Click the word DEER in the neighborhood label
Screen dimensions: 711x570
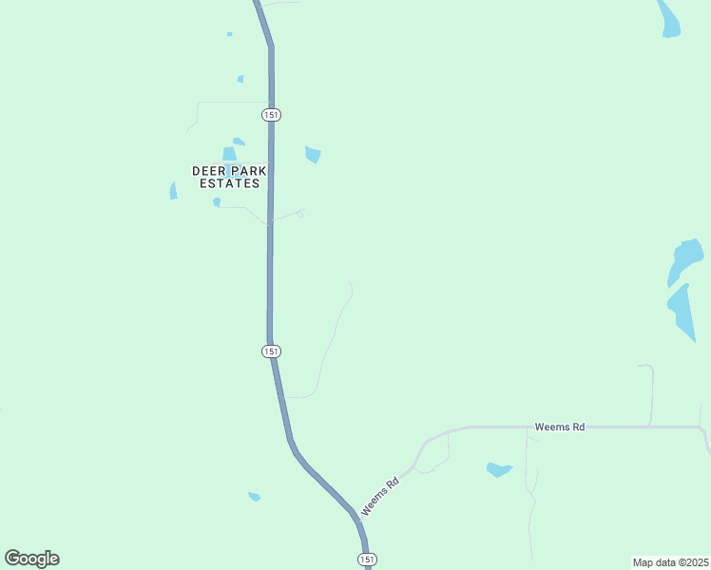point(208,171)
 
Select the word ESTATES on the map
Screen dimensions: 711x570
point(229,183)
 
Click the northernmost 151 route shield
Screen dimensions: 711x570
point(271,114)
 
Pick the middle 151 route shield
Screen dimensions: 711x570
point(271,351)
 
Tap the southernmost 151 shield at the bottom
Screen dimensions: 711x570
point(367,559)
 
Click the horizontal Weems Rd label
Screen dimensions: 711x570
point(559,427)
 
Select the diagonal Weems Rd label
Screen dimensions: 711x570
point(380,497)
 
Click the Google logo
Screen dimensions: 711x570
point(31,559)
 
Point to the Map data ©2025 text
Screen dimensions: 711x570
point(670,562)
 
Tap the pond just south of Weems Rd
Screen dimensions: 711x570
point(498,469)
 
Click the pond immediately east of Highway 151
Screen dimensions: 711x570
point(313,154)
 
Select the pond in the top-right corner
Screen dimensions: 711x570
point(669,19)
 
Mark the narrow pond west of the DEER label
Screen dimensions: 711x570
point(173,191)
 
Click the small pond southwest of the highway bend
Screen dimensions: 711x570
point(254,496)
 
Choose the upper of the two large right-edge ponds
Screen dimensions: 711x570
point(686,259)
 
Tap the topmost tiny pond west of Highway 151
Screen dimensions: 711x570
point(229,34)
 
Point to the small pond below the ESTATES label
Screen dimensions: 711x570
point(217,201)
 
